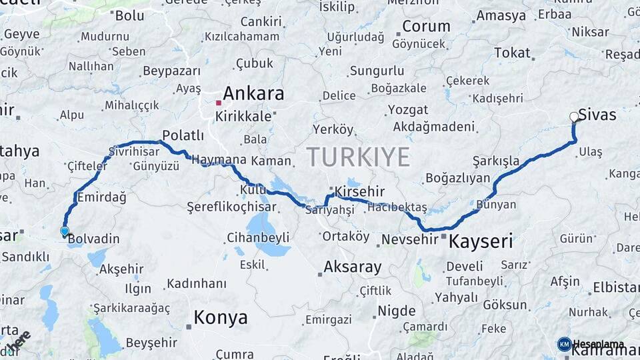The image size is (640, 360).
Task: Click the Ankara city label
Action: point(253,93)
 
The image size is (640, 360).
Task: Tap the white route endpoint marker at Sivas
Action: point(574,117)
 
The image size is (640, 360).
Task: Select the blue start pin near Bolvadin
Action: point(65,231)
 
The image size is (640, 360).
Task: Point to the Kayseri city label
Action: point(481,241)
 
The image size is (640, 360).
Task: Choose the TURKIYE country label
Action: point(358,157)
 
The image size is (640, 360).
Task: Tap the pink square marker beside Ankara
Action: point(218,103)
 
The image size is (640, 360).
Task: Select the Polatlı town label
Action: point(183,135)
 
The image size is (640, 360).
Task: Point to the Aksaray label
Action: point(352,267)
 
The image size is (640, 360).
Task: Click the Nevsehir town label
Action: point(409,239)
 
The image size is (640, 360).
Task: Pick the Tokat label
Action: point(512,53)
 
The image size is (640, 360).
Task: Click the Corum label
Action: point(426,27)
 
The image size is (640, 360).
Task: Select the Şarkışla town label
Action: point(495,161)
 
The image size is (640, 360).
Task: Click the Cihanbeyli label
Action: point(258,237)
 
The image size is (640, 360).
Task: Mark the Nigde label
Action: point(396,311)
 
